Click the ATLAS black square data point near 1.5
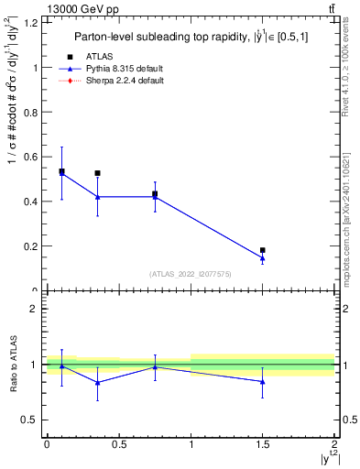(263, 250)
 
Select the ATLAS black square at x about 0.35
(98, 173)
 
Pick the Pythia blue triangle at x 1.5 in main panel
(263, 258)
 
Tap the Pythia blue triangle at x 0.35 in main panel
(98, 197)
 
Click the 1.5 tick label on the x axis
(263, 445)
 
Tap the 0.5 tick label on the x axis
(118, 445)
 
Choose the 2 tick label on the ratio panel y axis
(36, 310)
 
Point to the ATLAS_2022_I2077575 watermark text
(190, 274)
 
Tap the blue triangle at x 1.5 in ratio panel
(263, 382)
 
